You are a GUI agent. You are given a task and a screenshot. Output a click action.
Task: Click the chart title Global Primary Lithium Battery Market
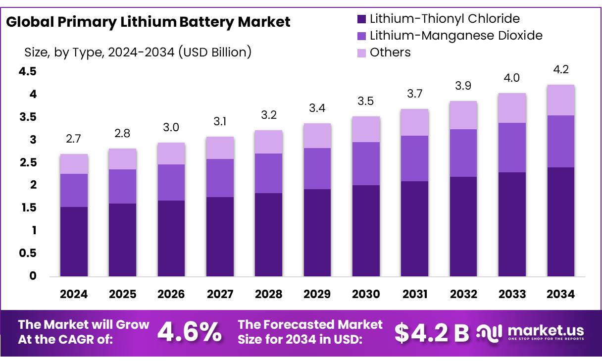tap(148, 22)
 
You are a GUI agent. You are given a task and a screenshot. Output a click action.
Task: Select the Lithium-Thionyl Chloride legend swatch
tap(361, 19)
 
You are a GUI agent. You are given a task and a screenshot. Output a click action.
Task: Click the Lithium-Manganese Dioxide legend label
tap(456, 36)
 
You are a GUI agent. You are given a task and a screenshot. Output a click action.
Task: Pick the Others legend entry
tap(390, 52)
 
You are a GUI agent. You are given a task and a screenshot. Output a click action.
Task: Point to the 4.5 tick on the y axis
tap(28, 72)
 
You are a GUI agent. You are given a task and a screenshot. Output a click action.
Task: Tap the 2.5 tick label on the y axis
tap(28, 162)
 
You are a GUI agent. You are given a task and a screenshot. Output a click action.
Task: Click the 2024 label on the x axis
tap(74, 294)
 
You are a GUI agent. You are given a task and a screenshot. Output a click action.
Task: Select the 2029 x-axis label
tap(317, 294)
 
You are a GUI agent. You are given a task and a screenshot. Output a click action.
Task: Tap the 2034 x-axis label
tap(560, 294)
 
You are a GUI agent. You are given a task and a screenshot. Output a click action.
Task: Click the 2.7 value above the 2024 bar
tap(73, 139)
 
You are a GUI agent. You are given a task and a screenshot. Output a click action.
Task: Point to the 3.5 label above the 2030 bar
tap(366, 101)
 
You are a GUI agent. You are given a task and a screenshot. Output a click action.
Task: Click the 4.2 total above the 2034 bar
tap(560, 70)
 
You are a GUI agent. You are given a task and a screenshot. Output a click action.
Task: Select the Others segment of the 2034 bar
tap(560, 100)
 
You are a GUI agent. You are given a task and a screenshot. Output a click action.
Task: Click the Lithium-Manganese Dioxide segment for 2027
tap(220, 178)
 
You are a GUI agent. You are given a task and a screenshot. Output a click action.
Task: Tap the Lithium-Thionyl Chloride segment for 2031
tap(414, 228)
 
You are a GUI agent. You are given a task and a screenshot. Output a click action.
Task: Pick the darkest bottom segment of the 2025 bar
tap(122, 240)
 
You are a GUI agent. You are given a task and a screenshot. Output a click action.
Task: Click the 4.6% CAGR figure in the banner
tap(190, 332)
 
